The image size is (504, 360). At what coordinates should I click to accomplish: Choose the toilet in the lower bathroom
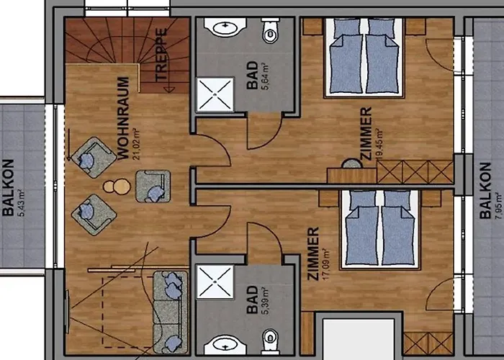[x=270, y=338]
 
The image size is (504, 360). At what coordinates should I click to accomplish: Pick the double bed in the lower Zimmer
[x=377, y=226]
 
